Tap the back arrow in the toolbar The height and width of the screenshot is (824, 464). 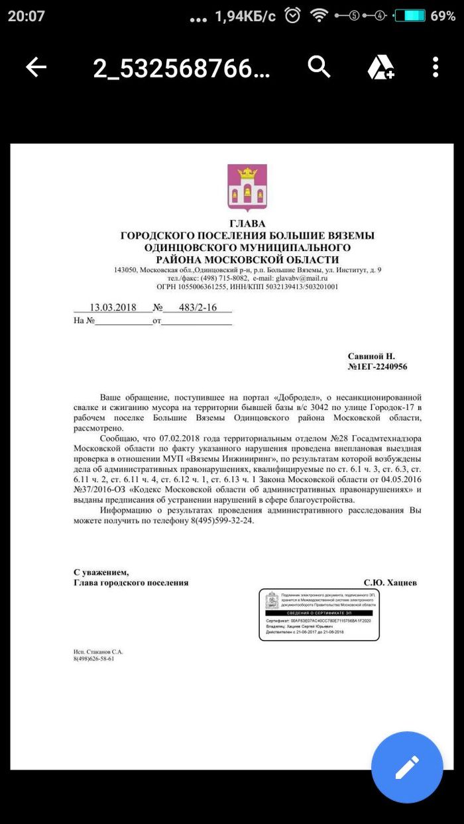(x=36, y=67)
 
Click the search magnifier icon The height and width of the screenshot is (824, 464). (x=319, y=67)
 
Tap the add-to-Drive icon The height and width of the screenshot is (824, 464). (x=381, y=67)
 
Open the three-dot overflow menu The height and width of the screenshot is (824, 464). (x=435, y=67)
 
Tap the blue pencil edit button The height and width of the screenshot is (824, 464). (x=406, y=767)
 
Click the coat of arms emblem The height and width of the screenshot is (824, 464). (x=247, y=187)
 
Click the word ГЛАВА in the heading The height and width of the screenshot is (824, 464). (x=247, y=224)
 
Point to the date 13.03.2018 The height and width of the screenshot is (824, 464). (x=113, y=308)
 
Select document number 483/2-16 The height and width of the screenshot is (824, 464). (x=198, y=308)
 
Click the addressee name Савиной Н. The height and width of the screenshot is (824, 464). (x=371, y=356)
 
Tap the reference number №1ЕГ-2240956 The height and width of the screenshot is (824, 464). (x=377, y=366)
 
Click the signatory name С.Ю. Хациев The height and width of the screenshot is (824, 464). (x=390, y=583)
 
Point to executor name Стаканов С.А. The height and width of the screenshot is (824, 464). (x=98, y=652)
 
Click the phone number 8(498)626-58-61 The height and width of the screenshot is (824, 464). (x=93, y=659)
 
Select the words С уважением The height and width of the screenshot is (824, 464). (x=101, y=572)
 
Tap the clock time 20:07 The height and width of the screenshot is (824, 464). (x=27, y=16)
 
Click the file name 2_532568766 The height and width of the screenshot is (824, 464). (x=181, y=68)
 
